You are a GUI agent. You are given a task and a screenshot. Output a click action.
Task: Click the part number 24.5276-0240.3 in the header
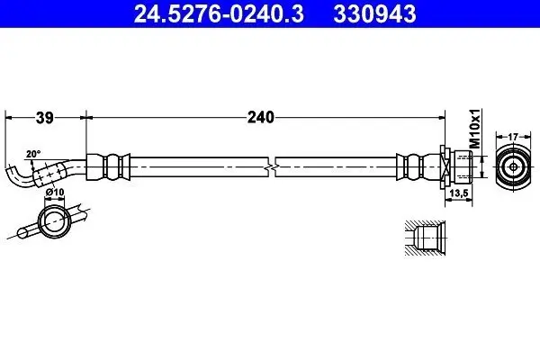pos(219,14)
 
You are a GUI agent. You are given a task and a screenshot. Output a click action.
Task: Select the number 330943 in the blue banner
pos(374,14)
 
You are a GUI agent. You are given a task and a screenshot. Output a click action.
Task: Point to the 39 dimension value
pos(45,118)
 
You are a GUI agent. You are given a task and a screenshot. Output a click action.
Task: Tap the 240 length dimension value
pos(261,118)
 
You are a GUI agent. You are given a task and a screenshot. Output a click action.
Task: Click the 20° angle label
pos(33,154)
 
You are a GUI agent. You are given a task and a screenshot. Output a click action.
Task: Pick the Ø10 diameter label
pos(55,192)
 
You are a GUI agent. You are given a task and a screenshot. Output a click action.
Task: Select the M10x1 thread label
pos(475,129)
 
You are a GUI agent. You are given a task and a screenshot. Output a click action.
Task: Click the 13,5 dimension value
pos(458,193)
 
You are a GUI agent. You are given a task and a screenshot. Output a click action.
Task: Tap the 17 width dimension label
pos(513,137)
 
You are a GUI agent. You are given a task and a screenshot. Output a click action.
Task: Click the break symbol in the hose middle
pos(272,167)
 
